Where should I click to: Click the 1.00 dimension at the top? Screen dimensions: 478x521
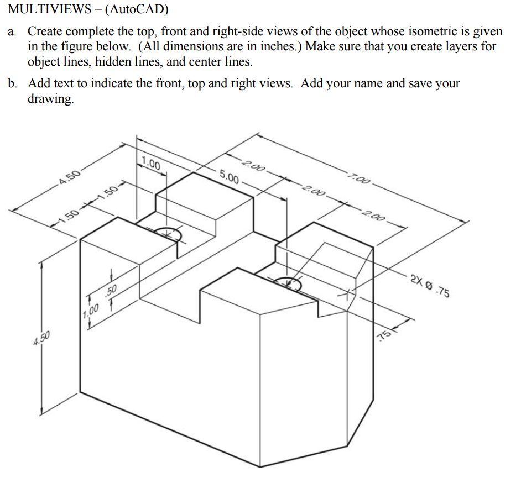(x=150, y=164)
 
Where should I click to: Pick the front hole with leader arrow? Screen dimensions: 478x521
(x=288, y=284)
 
